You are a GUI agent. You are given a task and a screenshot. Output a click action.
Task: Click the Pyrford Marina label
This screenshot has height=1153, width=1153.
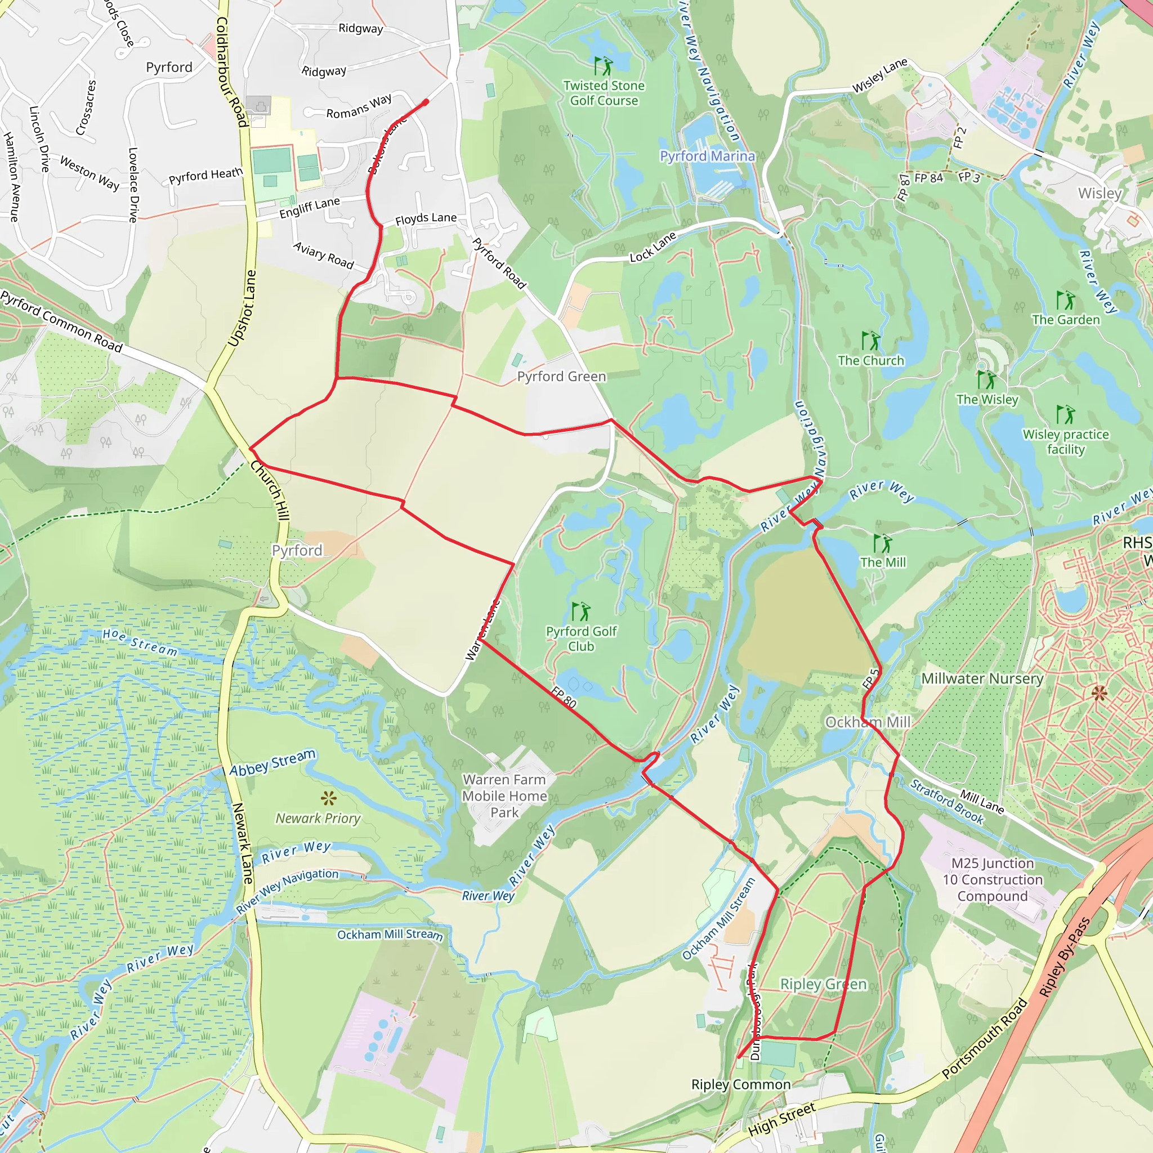[x=707, y=156]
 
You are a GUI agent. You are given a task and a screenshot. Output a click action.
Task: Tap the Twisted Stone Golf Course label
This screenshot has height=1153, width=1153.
[x=604, y=93]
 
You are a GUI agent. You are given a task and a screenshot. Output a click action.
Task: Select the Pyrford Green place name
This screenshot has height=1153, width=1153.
[x=561, y=377]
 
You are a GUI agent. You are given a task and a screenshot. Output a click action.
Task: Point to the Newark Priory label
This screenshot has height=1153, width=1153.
[x=318, y=818]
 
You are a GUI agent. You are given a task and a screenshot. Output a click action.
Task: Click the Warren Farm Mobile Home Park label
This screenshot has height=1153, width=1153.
[x=504, y=796]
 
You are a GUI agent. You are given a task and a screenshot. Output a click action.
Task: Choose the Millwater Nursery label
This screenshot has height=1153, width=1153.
[x=982, y=678]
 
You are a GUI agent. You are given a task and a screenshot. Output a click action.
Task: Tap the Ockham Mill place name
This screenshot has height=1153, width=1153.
[x=868, y=722]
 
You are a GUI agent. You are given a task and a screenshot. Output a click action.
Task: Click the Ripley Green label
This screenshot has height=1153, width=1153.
[x=823, y=984]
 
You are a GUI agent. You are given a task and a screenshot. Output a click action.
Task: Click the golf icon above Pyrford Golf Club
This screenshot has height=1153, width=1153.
[x=580, y=611]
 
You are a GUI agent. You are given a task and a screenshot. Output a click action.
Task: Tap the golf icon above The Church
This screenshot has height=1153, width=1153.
[x=871, y=341]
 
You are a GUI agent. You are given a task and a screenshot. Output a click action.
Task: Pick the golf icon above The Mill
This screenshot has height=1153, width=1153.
[x=882, y=543]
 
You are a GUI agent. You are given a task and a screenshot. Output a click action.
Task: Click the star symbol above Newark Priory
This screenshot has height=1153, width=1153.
[x=328, y=798]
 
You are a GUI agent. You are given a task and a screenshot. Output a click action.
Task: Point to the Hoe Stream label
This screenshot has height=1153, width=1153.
[x=140, y=642]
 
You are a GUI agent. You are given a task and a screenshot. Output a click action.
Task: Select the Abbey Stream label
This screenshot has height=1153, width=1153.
[x=272, y=763]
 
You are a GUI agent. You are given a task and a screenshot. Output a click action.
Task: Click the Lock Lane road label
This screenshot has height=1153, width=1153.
[x=653, y=247]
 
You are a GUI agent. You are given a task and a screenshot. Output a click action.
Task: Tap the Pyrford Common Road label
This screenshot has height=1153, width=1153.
[x=61, y=321]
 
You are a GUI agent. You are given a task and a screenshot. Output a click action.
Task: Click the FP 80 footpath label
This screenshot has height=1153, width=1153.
[x=564, y=697]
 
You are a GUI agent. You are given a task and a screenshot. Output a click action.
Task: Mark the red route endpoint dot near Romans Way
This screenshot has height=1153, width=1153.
[x=426, y=102]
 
